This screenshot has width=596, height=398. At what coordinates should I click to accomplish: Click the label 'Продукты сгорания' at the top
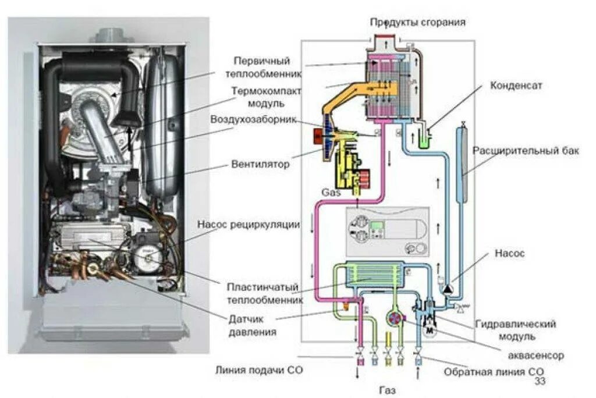click(418, 22)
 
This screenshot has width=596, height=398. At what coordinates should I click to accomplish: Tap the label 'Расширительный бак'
click(526, 151)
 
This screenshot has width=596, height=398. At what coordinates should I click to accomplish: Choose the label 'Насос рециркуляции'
click(249, 224)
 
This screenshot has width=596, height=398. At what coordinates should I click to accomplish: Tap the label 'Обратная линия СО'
click(494, 371)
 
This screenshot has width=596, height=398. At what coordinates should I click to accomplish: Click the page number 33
click(540, 381)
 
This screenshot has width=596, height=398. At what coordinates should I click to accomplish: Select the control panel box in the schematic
click(387, 232)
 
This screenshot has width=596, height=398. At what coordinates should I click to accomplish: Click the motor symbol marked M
click(431, 331)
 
